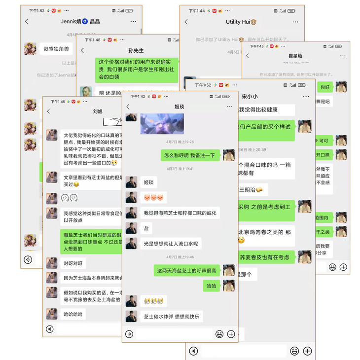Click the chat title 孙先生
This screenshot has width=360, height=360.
(136, 50)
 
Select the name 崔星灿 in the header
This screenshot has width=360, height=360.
(295, 56)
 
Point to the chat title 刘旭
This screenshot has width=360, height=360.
(98, 111)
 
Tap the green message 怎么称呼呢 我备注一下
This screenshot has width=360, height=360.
(190, 155)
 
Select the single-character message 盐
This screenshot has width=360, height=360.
(146, 229)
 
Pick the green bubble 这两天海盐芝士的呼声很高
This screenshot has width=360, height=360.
(186, 271)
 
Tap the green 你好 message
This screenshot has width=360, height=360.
(324, 87)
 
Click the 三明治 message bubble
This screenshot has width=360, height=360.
(252, 190)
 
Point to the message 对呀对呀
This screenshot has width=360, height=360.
(73, 263)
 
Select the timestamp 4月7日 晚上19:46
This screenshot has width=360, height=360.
(180, 257)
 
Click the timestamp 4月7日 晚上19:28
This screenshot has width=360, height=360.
(180, 142)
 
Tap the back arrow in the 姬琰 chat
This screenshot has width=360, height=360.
(128, 107)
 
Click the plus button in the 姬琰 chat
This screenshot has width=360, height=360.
(231, 334)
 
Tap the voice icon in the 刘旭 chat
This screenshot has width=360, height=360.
(49, 329)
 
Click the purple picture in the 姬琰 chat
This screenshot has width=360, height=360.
(162, 124)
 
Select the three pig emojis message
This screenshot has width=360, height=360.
(153, 198)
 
